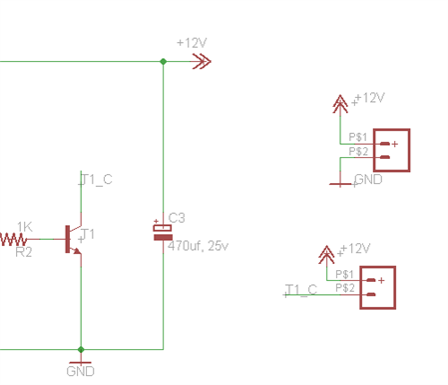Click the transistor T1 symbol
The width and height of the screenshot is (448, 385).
point(72,239)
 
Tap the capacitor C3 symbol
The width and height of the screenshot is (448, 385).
point(163,232)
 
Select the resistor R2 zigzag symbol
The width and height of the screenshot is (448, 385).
point(13,239)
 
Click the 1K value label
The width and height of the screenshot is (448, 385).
point(25,227)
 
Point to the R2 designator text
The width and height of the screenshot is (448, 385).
point(24,252)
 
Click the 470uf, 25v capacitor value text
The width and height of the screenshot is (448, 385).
point(198,246)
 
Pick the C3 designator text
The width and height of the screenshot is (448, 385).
point(177,218)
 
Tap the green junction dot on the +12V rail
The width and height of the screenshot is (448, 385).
point(163,61)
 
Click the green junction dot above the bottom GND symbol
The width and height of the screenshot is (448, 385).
point(81,349)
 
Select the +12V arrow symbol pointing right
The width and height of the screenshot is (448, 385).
point(202,61)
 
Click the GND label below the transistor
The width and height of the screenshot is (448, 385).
point(80,371)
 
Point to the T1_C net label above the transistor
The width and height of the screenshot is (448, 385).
point(96,179)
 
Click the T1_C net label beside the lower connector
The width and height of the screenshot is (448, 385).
point(301,289)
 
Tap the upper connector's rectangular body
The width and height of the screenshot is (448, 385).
point(392,150)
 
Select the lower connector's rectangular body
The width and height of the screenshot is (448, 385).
point(378,288)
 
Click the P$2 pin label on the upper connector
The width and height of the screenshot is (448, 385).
point(358,151)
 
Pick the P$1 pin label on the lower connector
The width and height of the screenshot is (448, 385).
point(344,274)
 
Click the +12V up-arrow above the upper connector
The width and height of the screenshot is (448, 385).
point(340,104)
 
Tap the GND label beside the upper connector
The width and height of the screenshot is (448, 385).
point(368,179)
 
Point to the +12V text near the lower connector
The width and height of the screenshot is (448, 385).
point(355,248)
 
